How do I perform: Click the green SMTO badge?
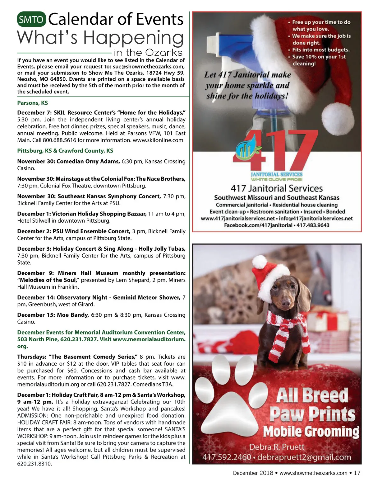[x=31, y=20]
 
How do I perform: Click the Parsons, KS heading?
[x=33, y=103]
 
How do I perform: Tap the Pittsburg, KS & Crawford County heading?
[x=65, y=151]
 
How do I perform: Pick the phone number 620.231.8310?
[x=35, y=464]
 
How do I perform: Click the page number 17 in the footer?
[x=357, y=473]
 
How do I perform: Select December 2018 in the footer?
[x=253, y=473]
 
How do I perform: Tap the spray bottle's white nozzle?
[x=217, y=43]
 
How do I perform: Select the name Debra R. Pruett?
[x=277, y=447]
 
